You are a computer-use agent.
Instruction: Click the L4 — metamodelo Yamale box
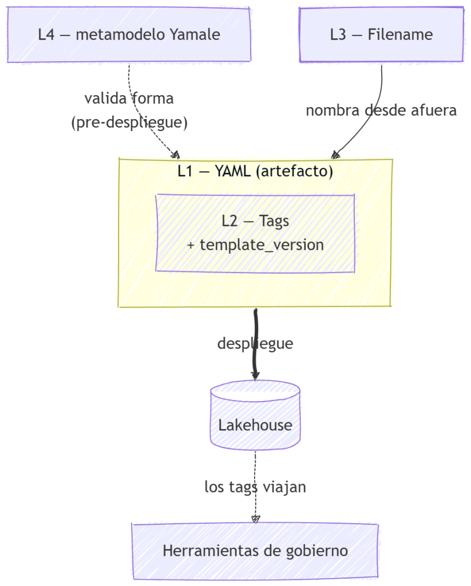click(x=129, y=34)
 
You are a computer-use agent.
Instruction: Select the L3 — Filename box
click(x=381, y=34)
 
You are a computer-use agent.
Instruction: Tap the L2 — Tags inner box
click(x=255, y=232)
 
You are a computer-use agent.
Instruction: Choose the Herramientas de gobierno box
click(x=255, y=551)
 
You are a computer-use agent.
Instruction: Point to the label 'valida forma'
click(x=129, y=98)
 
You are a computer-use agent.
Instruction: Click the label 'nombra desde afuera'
click(x=381, y=110)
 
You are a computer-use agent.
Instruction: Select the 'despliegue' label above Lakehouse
click(x=255, y=343)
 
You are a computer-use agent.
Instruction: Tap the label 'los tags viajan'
click(x=255, y=487)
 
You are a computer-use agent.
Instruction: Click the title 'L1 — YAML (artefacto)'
click(x=255, y=171)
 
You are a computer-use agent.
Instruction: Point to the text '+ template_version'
click(x=255, y=245)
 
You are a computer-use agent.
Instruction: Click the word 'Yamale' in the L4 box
click(x=195, y=34)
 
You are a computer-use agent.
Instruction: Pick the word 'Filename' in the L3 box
click(x=400, y=34)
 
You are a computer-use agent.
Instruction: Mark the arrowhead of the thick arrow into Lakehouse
click(x=255, y=376)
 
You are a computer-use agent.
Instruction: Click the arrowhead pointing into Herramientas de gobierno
click(x=255, y=518)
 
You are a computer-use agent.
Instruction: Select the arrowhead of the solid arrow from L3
click(x=336, y=155)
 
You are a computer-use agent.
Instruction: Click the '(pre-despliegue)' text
click(x=129, y=122)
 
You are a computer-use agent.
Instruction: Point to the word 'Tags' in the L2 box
click(x=274, y=220)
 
